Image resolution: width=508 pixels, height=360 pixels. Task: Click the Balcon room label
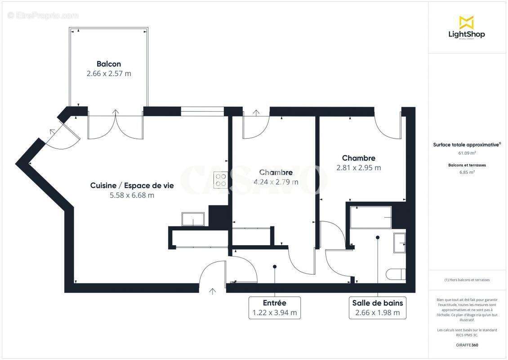click(109, 64)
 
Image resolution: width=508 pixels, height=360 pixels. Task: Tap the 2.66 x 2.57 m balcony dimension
click(109, 73)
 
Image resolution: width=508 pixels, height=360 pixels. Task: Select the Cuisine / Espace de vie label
click(132, 185)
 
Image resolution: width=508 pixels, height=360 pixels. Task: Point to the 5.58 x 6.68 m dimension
click(132, 195)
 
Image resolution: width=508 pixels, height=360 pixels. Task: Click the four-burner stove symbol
click(220, 180)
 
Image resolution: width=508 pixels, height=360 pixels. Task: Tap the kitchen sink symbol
click(193, 219)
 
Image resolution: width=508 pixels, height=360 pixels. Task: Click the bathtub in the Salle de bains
click(371, 217)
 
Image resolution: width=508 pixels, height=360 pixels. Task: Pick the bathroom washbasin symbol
click(400, 243)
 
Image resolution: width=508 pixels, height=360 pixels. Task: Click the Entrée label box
click(274, 308)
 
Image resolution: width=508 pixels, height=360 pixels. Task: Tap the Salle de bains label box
click(378, 308)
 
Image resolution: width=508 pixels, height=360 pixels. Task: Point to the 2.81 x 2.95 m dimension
click(359, 168)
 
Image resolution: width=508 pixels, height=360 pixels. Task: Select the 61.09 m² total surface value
click(467, 153)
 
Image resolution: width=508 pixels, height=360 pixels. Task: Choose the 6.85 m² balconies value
click(467, 172)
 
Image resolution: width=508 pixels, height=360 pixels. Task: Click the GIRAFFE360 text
click(467, 345)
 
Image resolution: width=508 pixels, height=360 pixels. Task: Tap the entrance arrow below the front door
click(212, 291)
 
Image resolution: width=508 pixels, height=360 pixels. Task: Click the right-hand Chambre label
click(359, 158)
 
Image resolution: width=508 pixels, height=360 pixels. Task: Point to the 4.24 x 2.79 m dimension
click(276, 182)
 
